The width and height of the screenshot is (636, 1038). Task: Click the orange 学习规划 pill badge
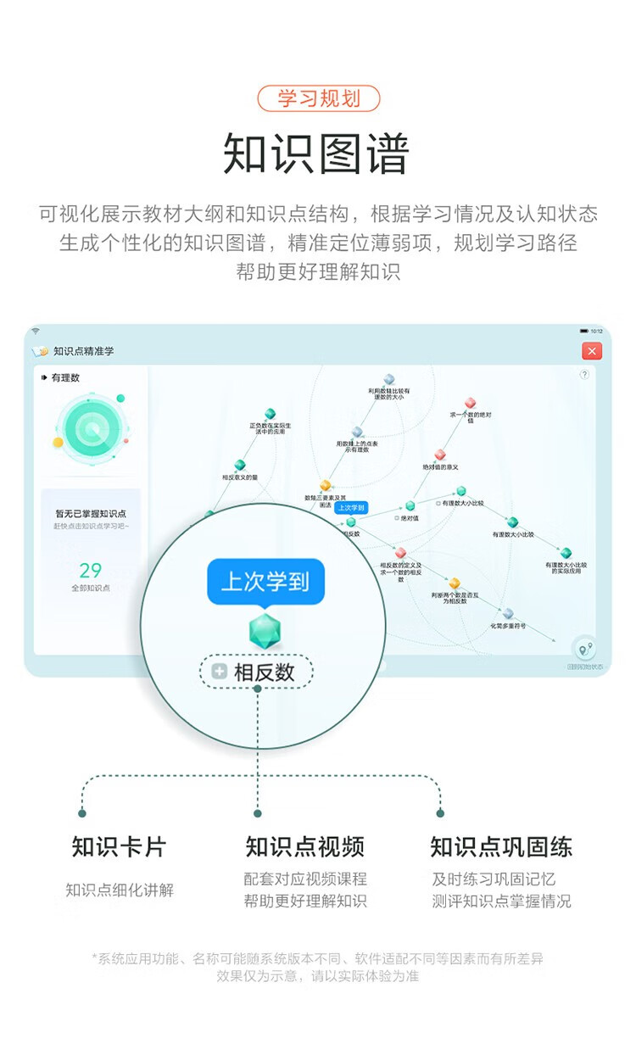coord(318,98)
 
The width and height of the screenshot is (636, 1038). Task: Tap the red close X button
coord(592,351)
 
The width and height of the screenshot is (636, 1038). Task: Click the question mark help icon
coord(584,374)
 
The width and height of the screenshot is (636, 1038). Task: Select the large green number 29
coord(91,571)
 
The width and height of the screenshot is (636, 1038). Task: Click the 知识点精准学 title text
coord(83,351)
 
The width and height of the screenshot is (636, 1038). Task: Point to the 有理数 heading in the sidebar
coord(65,377)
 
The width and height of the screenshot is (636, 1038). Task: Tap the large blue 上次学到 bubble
coord(265,582)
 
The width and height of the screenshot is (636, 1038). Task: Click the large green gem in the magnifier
coord(265,631)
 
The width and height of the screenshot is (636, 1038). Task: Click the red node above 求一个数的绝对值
coord(470,403)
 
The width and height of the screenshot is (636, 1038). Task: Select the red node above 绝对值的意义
coord(439,455)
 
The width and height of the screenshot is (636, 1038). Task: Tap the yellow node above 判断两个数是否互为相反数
coord(455,583)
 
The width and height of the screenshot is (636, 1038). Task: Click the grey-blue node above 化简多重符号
coord(508,613)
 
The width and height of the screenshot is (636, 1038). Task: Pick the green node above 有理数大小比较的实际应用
coord(566,553)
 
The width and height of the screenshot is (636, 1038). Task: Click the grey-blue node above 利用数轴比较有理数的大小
coord(389,379)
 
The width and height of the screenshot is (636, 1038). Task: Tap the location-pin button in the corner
coord(583,650)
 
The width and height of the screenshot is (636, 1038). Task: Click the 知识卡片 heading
coord(119,846)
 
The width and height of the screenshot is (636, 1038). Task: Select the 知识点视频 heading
coord(304,846)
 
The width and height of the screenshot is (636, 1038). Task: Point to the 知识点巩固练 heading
coord(501,846)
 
